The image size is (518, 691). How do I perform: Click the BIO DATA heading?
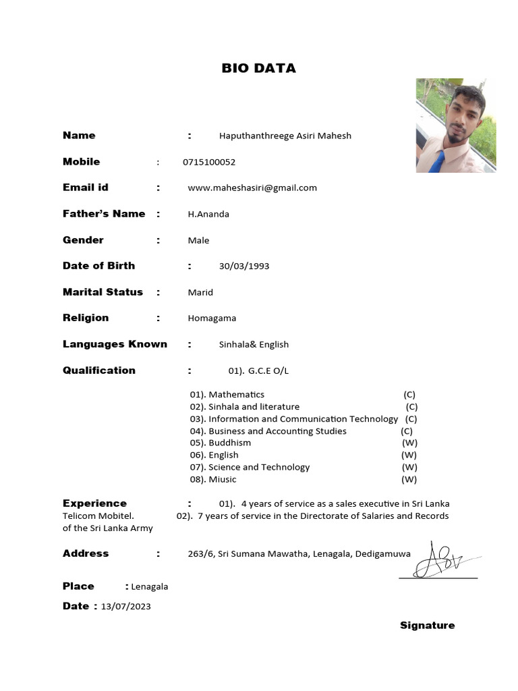[259, 68]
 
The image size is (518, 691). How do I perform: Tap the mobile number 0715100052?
[209, 162]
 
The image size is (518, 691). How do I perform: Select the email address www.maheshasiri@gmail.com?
[252, 188]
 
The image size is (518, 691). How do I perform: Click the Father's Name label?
[104, 214]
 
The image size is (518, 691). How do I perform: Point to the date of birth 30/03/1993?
[244, 266]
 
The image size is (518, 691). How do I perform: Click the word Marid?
[200, 292]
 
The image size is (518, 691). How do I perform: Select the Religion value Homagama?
[212, 318]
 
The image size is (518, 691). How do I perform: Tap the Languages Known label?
[115, 344]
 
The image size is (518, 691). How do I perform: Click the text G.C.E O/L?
[268, 370]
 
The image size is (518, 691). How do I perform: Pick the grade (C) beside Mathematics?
[409, 394]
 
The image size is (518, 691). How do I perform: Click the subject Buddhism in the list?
[229, 443]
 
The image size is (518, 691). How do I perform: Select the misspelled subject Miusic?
[223, 479]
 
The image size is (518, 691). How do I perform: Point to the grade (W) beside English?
[409, 455]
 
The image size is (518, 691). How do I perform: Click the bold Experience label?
[94, 503]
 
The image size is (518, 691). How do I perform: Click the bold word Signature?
[427, 626]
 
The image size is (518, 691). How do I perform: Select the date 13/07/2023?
[126, 606]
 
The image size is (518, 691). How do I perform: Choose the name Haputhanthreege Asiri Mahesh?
[285, 136]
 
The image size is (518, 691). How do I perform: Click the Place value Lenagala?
[150, 586]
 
